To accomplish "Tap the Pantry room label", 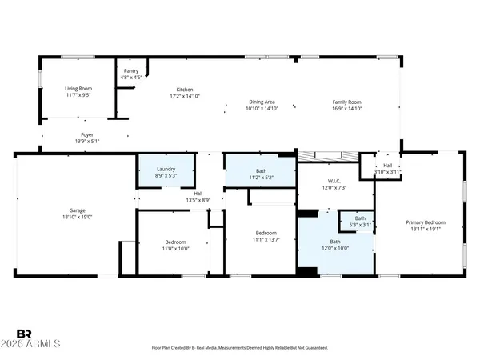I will pyautogui.click(x=131, y=71).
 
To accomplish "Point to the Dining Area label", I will pyautogui.click(x=262, y=102).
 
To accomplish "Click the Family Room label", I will pyautogui.click(x=347, y=102).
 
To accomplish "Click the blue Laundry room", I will pyautogui.click(x=166, y=172).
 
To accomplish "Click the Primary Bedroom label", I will pyautogui.click(x=425, y=222).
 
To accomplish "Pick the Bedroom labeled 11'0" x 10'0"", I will pyautogui.click(x=176, y=245).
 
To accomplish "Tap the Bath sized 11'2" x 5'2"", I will pyautogui.click(x=261, y=173).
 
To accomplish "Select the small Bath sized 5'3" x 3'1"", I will pyautogui.click(x=360, y=221).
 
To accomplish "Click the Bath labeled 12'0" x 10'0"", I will pyautogui.click(x=335, y=245).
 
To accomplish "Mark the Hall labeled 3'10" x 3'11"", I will pyautogui.click(x=387, y=169).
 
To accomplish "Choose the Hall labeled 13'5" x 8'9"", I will pyautogui.click(x=198, y=195).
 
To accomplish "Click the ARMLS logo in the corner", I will pyautogui.click(x=38, y=339).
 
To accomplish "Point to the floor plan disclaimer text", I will pyautogui.click(x=240, y=348).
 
